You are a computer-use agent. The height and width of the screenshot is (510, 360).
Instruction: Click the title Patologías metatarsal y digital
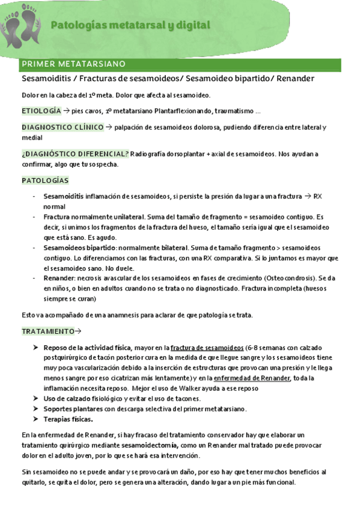130,25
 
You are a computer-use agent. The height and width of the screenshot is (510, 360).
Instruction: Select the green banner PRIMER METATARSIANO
73,64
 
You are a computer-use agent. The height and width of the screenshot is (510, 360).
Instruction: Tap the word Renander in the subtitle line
296,79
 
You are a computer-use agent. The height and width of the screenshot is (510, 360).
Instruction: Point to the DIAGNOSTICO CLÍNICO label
62,127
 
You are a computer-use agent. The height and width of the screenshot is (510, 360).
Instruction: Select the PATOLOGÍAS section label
45,180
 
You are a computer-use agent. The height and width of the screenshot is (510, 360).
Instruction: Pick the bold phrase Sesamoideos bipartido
80,247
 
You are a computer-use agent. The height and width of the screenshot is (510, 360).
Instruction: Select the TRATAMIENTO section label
48,331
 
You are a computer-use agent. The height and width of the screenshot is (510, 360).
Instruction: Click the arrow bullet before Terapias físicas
37,419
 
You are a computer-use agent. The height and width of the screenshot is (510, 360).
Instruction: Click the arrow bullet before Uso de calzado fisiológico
37,399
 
